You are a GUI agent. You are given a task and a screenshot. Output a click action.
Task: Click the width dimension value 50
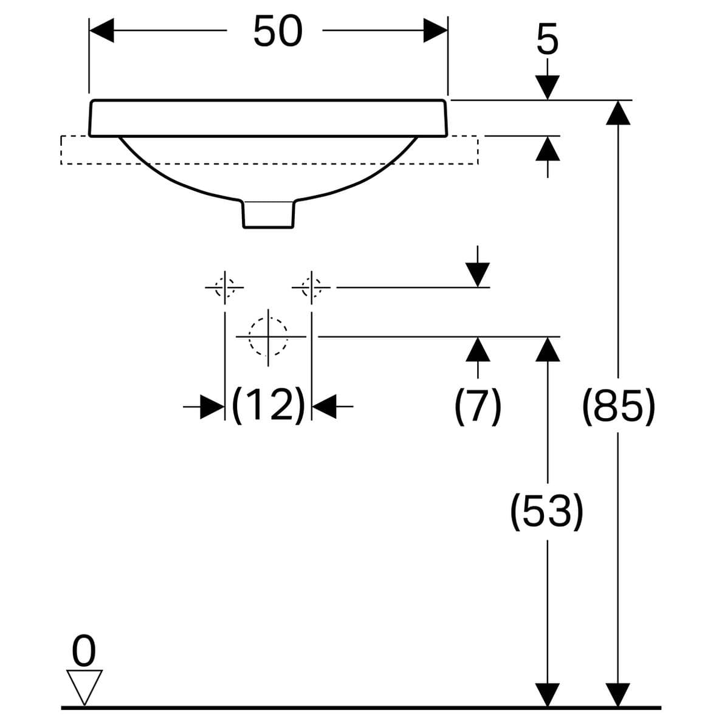pos(278,31)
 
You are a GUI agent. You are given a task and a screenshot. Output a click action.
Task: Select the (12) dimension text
pos(269,405)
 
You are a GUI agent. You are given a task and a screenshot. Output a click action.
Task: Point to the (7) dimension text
pos(478,406)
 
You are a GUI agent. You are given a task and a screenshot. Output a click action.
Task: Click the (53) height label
pos(546,511)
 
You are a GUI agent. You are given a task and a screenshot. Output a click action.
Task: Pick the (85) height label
pos(618,406)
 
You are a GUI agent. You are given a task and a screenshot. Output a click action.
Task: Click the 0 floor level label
pos(84,651)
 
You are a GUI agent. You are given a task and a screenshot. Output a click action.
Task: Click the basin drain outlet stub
pos(268,214)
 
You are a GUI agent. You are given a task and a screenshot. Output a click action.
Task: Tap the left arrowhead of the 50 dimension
pos(101,30)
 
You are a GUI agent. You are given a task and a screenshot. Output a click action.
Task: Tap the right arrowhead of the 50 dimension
pos(435,30)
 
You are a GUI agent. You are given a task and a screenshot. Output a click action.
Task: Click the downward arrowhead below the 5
pos(548,88)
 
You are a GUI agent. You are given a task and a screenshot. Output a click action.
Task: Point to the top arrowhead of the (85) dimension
pos(618,112)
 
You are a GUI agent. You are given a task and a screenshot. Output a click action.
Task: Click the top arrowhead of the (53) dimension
pos(548,349)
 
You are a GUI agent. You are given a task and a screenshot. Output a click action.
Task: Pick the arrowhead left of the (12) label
pos(212,407)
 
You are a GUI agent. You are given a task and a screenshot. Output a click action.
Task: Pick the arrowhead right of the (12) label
pos(324,407)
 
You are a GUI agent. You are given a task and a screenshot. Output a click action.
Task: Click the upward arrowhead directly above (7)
pos(478,349)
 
